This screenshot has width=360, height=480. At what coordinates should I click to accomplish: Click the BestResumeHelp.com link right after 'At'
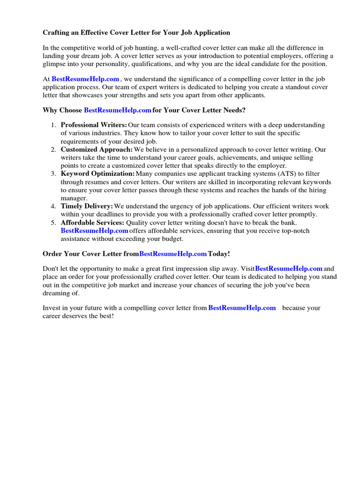[85, 79]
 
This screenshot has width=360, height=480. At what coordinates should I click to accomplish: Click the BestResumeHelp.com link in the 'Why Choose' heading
[118, 110]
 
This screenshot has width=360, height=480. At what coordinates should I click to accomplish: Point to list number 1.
[53, 125]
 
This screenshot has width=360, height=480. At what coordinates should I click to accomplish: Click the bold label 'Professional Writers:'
[94, 125]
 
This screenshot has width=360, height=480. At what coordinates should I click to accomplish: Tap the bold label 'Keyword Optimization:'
[97, 174]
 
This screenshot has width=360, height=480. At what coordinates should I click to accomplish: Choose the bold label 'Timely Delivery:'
[87, 206]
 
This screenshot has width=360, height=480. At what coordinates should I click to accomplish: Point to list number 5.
[53, 223]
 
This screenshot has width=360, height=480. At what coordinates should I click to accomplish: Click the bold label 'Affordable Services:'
[92, 223]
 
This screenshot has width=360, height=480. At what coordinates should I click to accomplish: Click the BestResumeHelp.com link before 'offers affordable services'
[94, 231]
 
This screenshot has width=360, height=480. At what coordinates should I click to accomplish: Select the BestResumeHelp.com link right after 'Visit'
[289, 269]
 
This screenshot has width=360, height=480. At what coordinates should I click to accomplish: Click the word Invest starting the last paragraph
[52, 308]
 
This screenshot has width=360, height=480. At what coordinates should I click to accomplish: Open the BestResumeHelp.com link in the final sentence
[242, 308]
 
